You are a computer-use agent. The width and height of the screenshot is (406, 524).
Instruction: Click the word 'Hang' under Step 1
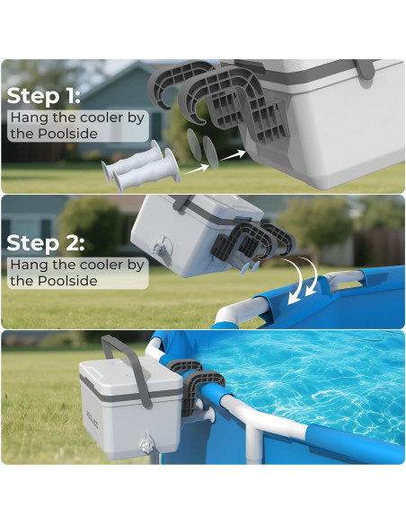coord(28,118)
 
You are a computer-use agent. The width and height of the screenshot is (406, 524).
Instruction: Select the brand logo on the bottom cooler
coord(93,418)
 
